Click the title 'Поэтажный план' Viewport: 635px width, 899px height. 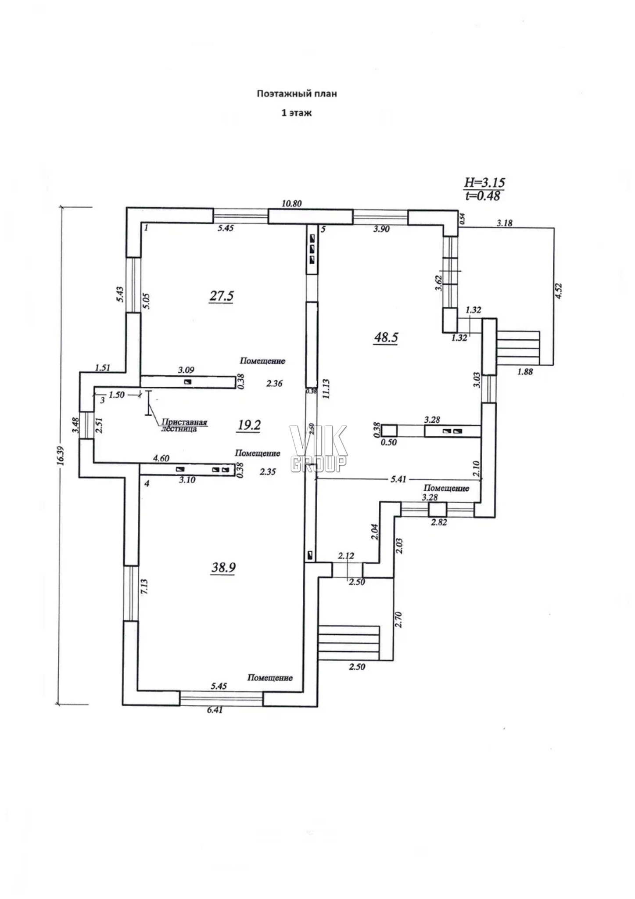[x=297, y=93]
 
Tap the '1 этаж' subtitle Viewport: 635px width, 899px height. [x=297, y=113]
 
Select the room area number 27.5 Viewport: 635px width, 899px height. [x=221, y=296]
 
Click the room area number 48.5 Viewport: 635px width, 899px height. [x=386, y=337]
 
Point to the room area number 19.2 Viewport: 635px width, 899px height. [x=249, y=425]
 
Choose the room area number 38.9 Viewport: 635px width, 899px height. [x=224, y=568]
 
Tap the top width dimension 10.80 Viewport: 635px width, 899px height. [x=292, y=203]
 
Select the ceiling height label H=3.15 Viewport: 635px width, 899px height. [x=484, y=182]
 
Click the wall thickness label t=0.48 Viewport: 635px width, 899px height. [x=483, y=196]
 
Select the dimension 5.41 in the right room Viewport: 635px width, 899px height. [x=398, y=479]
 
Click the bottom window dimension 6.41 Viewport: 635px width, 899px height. [x=214, y=709]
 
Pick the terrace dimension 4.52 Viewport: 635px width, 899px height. [x=558, y=291]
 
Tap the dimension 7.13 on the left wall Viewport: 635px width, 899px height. [x=144, y=587]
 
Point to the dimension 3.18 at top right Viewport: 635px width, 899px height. [x=504, y=223]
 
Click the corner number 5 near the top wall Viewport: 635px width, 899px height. [x=323, y=229]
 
